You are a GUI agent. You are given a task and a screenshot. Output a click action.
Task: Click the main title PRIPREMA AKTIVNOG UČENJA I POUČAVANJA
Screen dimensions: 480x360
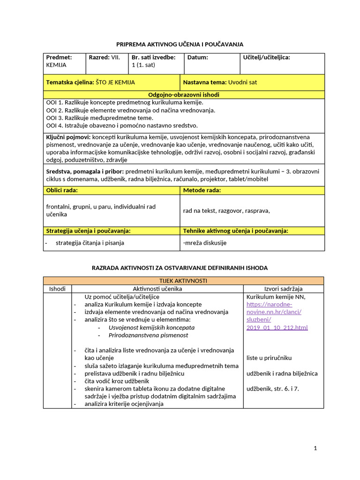(180, 44)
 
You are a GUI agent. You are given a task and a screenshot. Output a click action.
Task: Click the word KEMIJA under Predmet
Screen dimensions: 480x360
(56, 65)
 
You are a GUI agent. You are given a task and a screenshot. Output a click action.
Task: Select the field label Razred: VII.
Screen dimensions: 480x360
(105, 57)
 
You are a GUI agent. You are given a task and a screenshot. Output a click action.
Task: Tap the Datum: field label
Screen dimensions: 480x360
(197, 57)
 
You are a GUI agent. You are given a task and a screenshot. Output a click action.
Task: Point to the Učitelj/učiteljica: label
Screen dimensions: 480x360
(266, 57)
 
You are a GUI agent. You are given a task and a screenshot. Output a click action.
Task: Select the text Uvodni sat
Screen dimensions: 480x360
(242, 82)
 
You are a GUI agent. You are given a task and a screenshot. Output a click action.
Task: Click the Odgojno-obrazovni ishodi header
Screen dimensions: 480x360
(183, 95)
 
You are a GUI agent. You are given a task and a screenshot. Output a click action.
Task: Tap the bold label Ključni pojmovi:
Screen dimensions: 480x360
(68, 137)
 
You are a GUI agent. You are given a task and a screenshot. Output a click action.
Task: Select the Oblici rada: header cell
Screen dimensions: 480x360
(62, 190)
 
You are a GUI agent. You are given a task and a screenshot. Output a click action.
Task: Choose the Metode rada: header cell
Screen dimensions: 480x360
(202, 190)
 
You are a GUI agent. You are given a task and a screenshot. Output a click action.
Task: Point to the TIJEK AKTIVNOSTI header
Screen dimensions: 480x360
(183, 280)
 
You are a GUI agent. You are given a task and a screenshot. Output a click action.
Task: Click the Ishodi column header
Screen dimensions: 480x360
(57, 288)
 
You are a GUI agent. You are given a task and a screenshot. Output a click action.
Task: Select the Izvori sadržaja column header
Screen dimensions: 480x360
(283, 288)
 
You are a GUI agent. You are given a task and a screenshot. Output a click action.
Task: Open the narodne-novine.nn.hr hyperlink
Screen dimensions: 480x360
(277, 312)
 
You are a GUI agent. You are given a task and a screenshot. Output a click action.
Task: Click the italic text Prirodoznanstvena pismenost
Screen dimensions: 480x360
(148, 335)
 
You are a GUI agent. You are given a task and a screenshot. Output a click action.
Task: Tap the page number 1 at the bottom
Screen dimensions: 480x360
(315, 448)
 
